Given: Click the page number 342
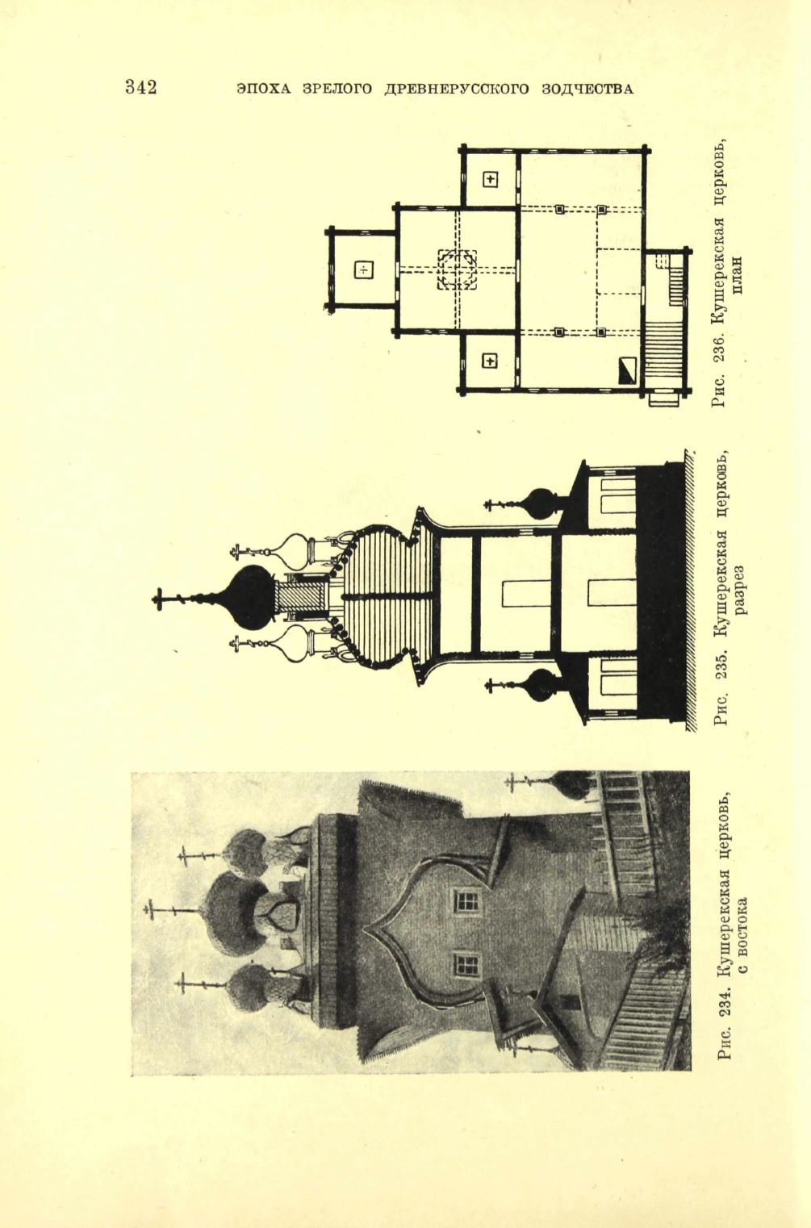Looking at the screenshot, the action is [141, 87].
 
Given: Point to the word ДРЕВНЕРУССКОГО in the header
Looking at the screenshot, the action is [456, 89].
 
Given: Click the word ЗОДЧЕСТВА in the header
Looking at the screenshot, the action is [587, 89].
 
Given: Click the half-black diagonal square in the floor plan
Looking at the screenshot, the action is [627, 370].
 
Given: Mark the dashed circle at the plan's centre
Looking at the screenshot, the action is [457, 269].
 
